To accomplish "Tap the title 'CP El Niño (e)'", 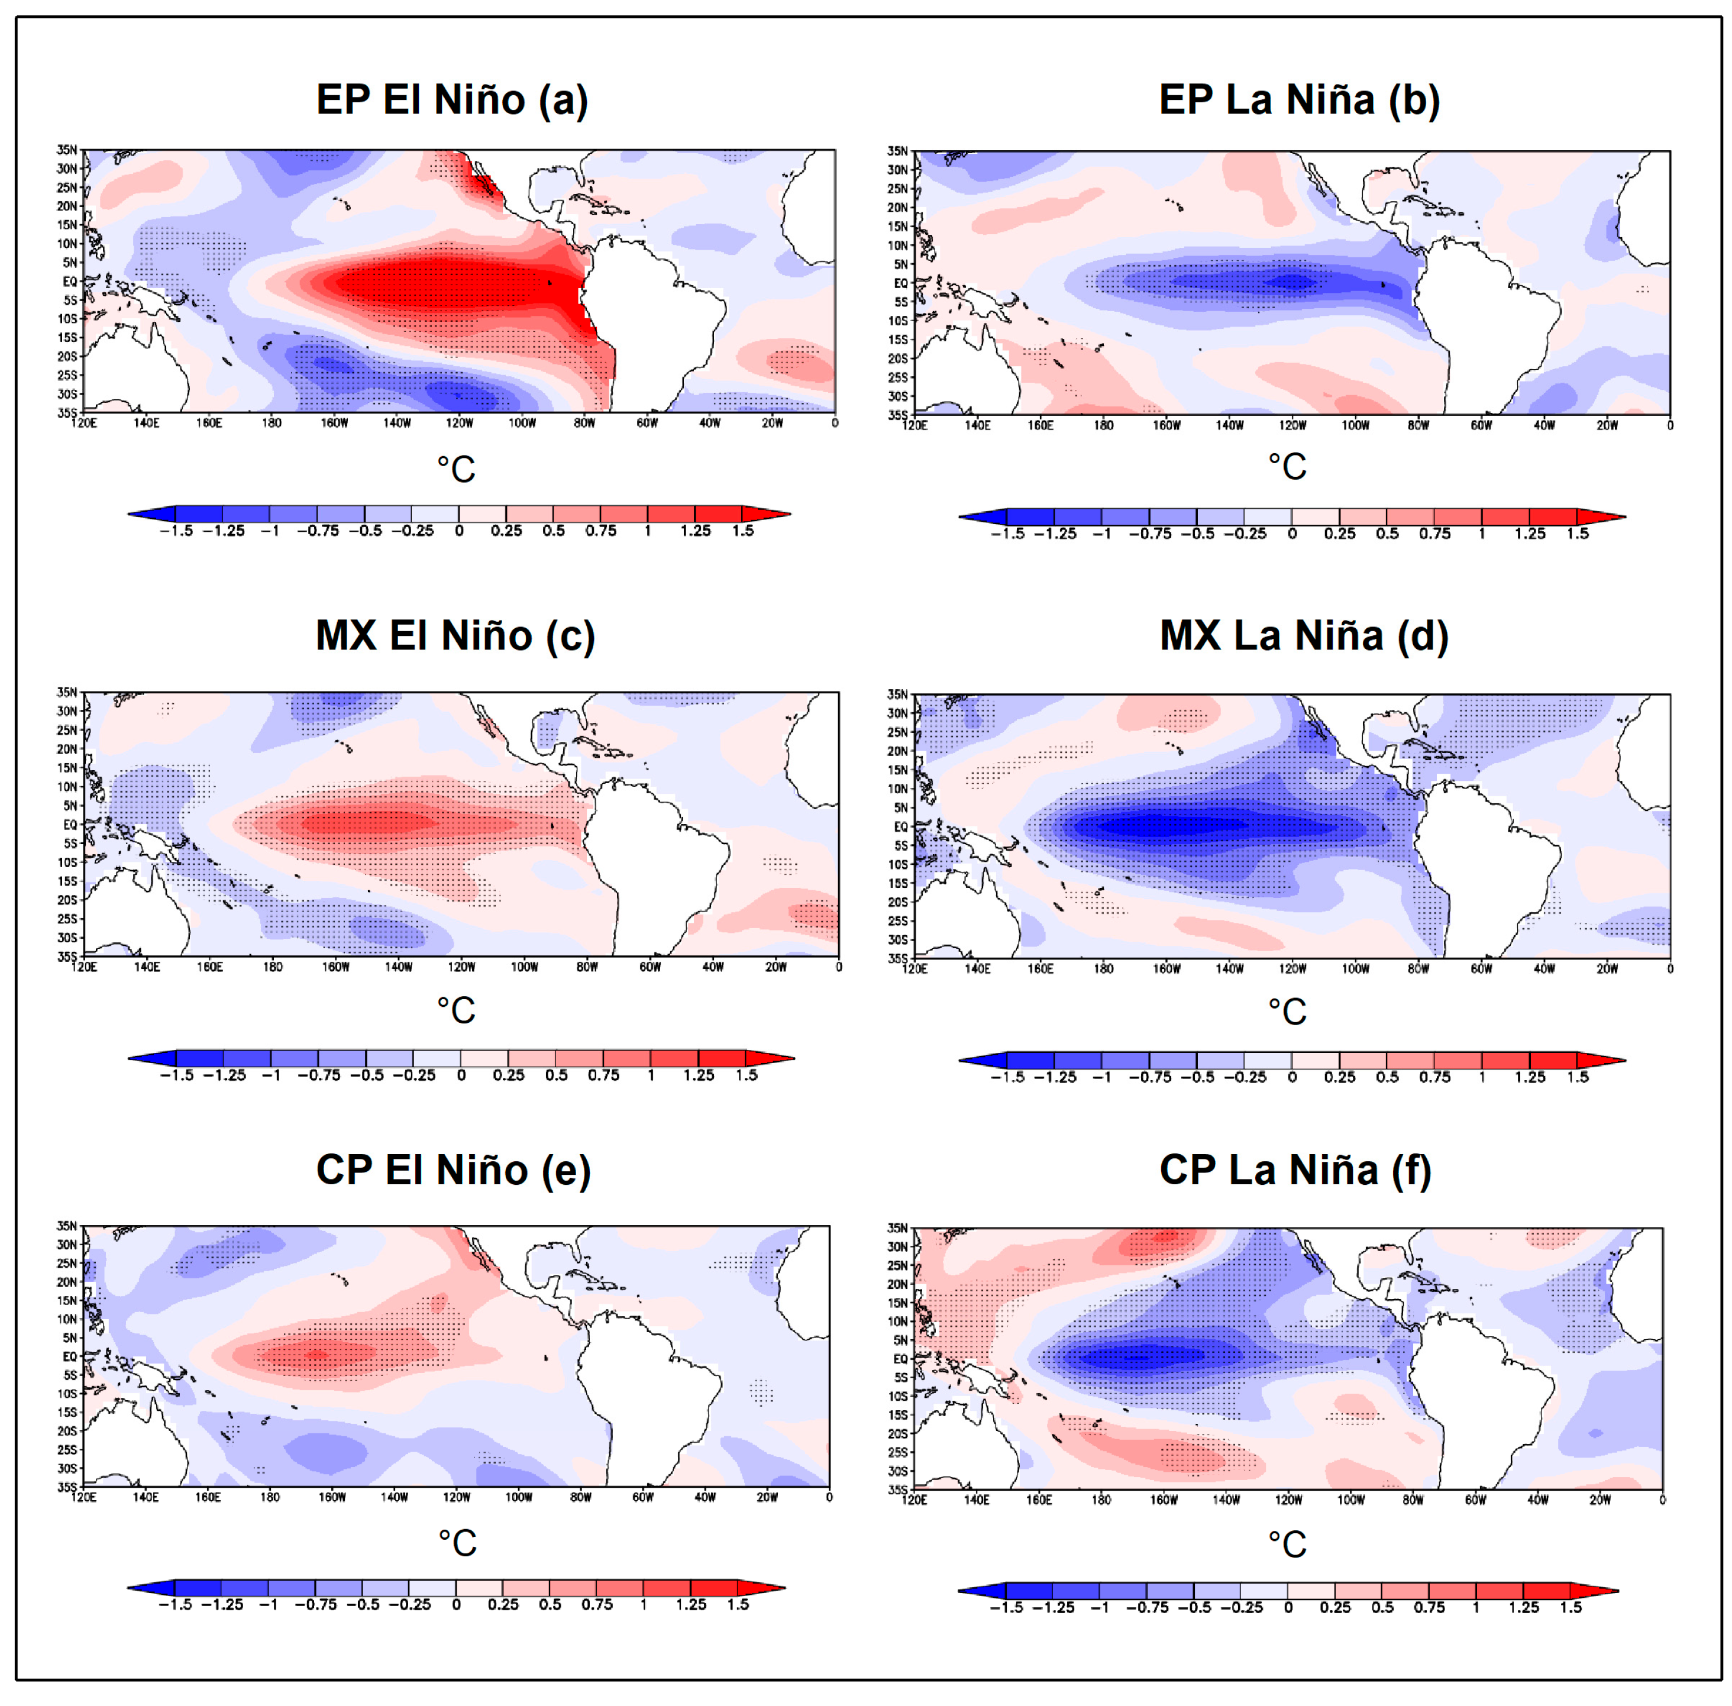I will (x=453, y=1169).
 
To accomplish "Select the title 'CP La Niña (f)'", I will (x=1295, y=1169).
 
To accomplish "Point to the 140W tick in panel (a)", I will (x=396, y=423).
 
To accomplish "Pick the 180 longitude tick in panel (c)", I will (x=272, y=967).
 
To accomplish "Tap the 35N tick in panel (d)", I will (x=898, y=694).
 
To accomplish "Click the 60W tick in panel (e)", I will (x=642, y=1497).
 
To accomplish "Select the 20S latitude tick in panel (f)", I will (x=898, y=1434).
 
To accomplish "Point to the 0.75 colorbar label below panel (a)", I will (x=600, y=531).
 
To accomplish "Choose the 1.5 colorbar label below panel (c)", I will (x=747, y=1075).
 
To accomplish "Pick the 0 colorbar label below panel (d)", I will (x=1291, y=1077).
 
